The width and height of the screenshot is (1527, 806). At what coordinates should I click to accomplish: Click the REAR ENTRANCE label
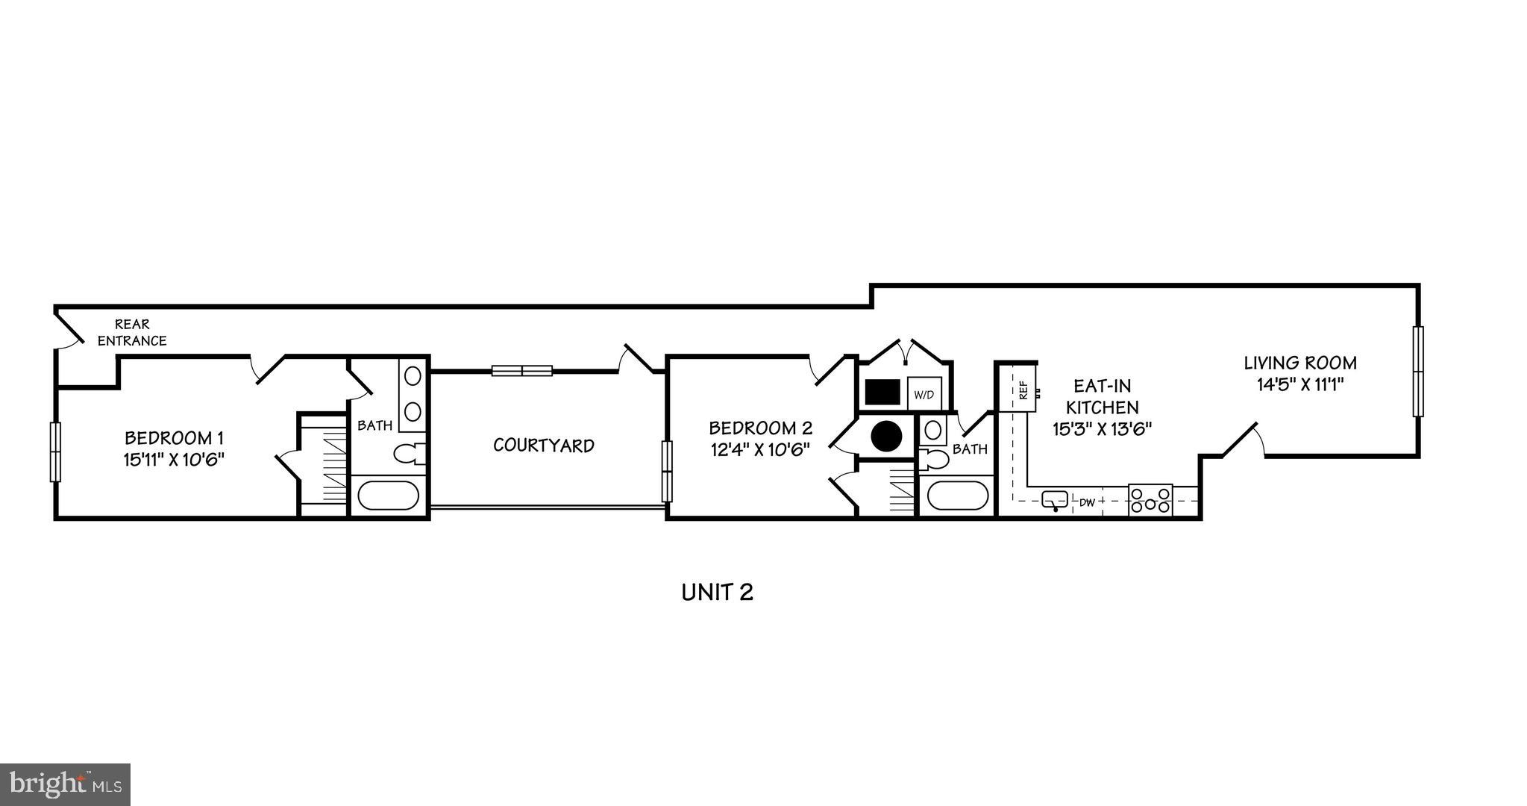click(132, 333)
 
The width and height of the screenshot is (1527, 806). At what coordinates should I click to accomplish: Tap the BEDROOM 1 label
click(174, 448)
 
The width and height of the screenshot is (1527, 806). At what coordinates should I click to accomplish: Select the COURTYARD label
click(544, 446)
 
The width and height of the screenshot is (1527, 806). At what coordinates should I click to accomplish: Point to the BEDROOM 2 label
click(759, 439)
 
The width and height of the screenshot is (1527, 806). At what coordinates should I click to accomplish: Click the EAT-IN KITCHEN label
click(1102, 407)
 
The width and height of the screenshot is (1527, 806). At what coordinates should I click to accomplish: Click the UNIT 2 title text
click(717, 593)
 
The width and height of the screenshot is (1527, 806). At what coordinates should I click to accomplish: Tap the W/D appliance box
click(924, 393)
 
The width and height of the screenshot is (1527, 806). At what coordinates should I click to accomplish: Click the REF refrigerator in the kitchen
click(1023, 389)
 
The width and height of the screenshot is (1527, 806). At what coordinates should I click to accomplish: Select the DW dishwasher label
click(1087, 503)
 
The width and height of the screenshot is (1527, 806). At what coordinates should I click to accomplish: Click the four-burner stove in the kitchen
click(1150, 499)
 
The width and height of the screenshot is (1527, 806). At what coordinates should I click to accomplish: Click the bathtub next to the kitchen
click(956, 496)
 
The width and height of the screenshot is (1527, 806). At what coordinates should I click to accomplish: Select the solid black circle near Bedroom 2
click(886, 436)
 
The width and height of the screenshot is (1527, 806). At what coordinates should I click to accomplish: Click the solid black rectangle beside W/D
click(882, 393)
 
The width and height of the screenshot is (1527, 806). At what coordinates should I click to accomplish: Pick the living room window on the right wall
click(1417, 371)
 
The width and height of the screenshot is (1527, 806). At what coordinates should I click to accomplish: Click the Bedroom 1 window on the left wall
click(54, 452)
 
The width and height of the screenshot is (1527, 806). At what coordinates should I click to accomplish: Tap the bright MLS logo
click(65, 784)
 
